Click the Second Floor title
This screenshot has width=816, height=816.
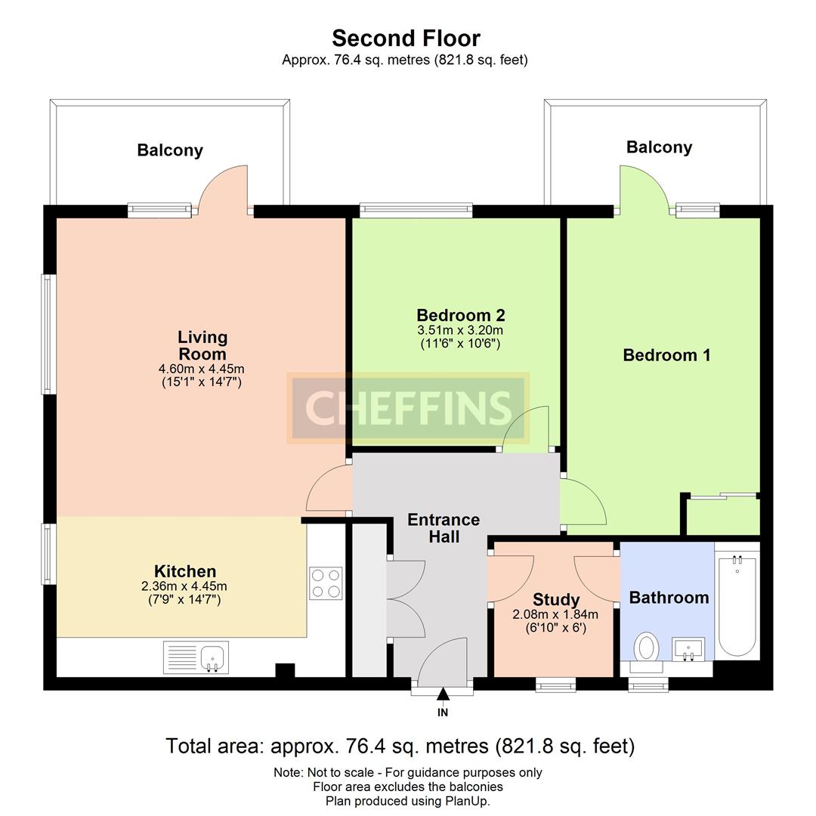pos(406,39)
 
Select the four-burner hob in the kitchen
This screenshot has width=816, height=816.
pos(326,583)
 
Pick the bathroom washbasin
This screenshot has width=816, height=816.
pos(688,649)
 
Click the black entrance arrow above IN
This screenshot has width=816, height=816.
pos(443,694)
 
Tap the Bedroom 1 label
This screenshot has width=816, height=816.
pos(666,355)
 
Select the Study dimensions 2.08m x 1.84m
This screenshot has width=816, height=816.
pos(555,614)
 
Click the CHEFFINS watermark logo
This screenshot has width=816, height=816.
pos(408,408)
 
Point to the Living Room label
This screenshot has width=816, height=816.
pos(202,345)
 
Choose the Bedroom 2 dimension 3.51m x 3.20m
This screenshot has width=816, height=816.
pos(460,330)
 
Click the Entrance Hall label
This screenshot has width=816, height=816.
pos(444,527)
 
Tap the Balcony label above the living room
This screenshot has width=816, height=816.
pos(170,150)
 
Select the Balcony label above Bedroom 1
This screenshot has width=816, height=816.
pos(660,147)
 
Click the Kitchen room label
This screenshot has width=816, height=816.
pos(185,571)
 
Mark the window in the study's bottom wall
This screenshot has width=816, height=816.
pos(556,685)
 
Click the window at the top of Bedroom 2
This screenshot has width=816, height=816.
pos(416,211)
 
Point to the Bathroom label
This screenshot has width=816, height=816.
pos(669,598)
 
